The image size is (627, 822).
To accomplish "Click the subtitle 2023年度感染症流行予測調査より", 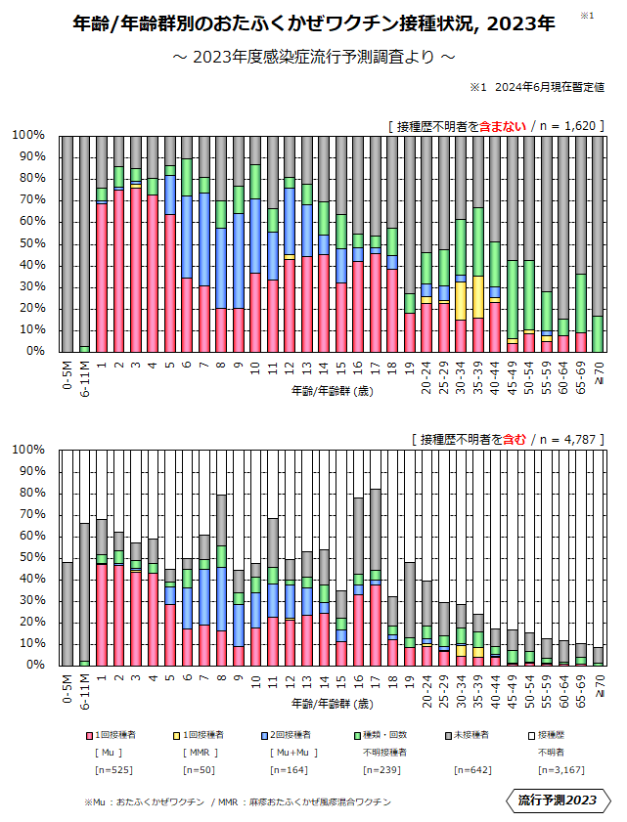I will coord(313,57).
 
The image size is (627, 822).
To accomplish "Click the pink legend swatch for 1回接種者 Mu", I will coord(88,733).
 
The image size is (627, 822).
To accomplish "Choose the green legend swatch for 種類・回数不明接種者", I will coord(356,733).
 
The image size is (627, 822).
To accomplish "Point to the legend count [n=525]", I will coord(107,770).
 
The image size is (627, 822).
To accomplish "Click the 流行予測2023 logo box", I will coord(557,800).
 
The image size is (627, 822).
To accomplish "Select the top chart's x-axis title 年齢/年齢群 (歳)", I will coord(332,390).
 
